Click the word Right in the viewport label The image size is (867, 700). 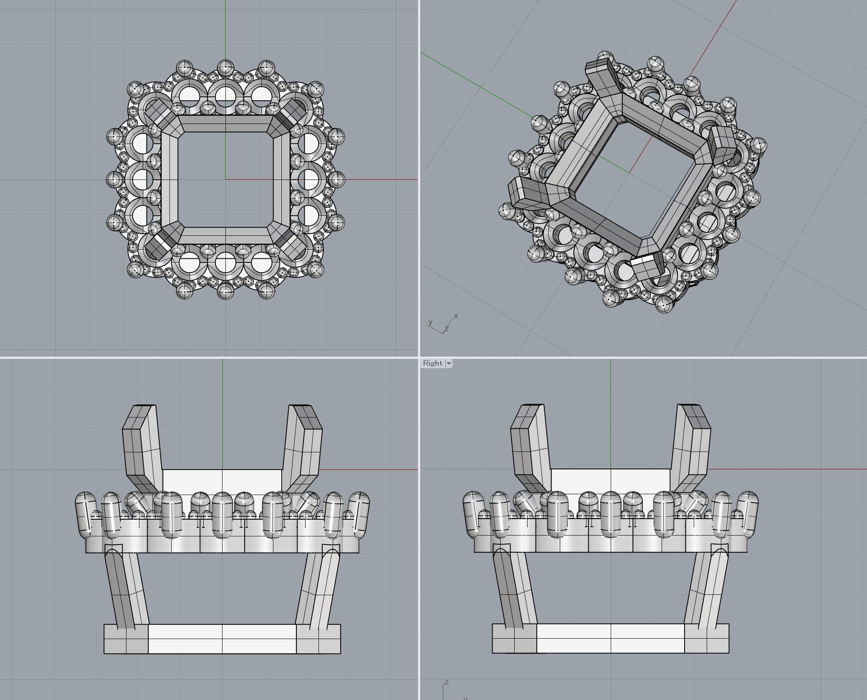pyautogui.click(x=432, y=363)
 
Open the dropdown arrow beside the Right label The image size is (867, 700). pyautogui.click(x=449, y=364)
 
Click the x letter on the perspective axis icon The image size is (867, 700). pyautogui.click(x=456, y=316)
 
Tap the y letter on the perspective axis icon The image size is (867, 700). pyautogui.click(x=430, y=322)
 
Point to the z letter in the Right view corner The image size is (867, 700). pyautogui.click(x=447, y=682)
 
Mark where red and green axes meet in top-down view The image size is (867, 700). pyautogui.click(x=225, y=179)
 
